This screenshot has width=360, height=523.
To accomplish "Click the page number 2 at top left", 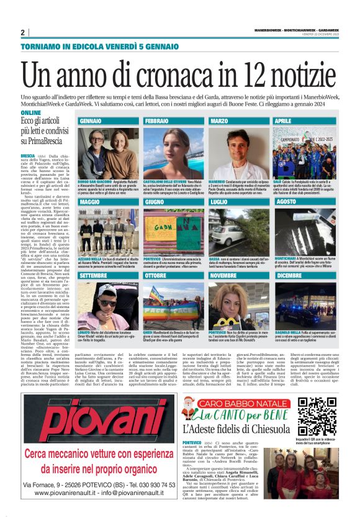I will pos(22,33).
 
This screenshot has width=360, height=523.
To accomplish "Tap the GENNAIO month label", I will pos(91,121).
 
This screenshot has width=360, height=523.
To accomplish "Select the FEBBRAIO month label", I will pos(157,121).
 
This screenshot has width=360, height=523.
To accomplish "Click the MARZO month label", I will pos(219,121).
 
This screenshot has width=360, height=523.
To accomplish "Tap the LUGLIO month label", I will pos(219,202).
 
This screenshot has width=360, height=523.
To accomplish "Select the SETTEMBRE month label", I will pos(94,275).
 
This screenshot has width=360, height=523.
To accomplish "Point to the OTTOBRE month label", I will pos(156,275).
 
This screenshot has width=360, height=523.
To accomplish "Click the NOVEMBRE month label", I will pos(223,275).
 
